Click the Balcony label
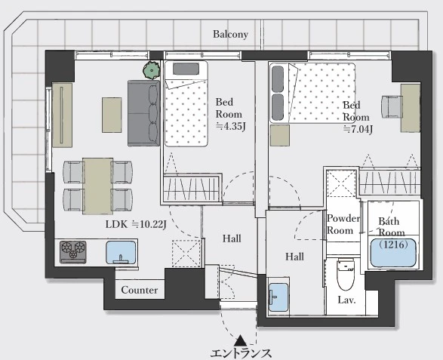tap(230, 34)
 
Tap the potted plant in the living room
tap(152, 69)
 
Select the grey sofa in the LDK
tap(144, 113)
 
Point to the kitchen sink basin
tap(121, 252)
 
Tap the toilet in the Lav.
tap(346, 275)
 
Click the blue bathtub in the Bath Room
tap(393, 253)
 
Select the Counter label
tap(140, 290)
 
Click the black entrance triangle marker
tap(241, 340)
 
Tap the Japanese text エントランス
tap(241, 353)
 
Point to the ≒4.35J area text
tap(230, 126)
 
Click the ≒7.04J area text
tap(358, 129)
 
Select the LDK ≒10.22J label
tap(136, 224)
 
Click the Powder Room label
tap(343, 224)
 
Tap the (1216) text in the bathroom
tap(393, 244)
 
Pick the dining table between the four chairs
tap(98, 186)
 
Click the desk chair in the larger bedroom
tap(391, 106)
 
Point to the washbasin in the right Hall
tap(278, 297)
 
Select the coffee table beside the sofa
tap(112, 115)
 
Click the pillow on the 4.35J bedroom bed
tap(186, 69)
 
